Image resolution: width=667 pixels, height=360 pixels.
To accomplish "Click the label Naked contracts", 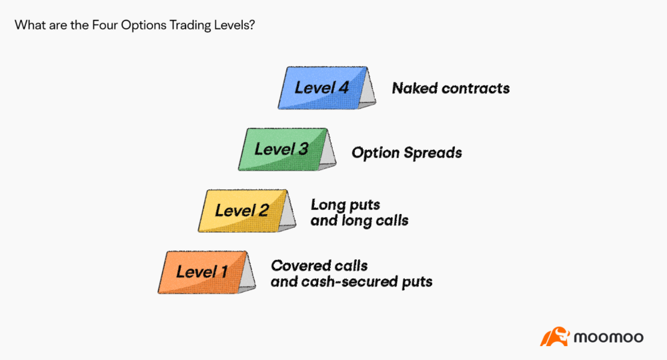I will (x=450, y=88).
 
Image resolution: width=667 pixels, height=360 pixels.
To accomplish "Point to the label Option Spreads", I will (x=406, y=153).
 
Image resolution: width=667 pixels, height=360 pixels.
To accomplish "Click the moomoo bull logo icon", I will (x=554, y=337).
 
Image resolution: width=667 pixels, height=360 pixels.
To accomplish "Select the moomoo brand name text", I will (x=608, y=337).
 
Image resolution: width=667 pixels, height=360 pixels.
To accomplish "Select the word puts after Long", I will (x=363, y=205).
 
